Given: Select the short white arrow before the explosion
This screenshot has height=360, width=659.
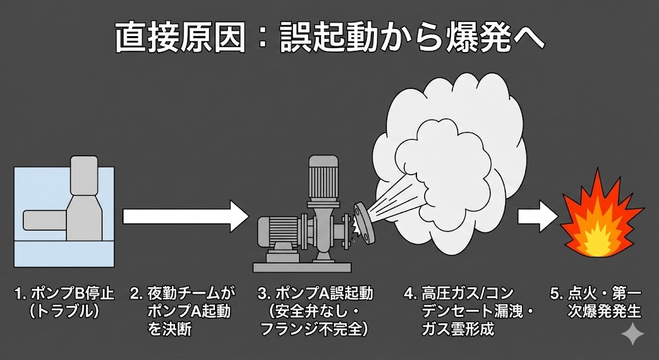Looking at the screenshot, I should tap(538, 216).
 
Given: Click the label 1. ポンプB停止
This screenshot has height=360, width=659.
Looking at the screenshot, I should tap(64, 294).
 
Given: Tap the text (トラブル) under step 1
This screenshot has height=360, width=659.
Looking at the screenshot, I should tap(64, 312).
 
